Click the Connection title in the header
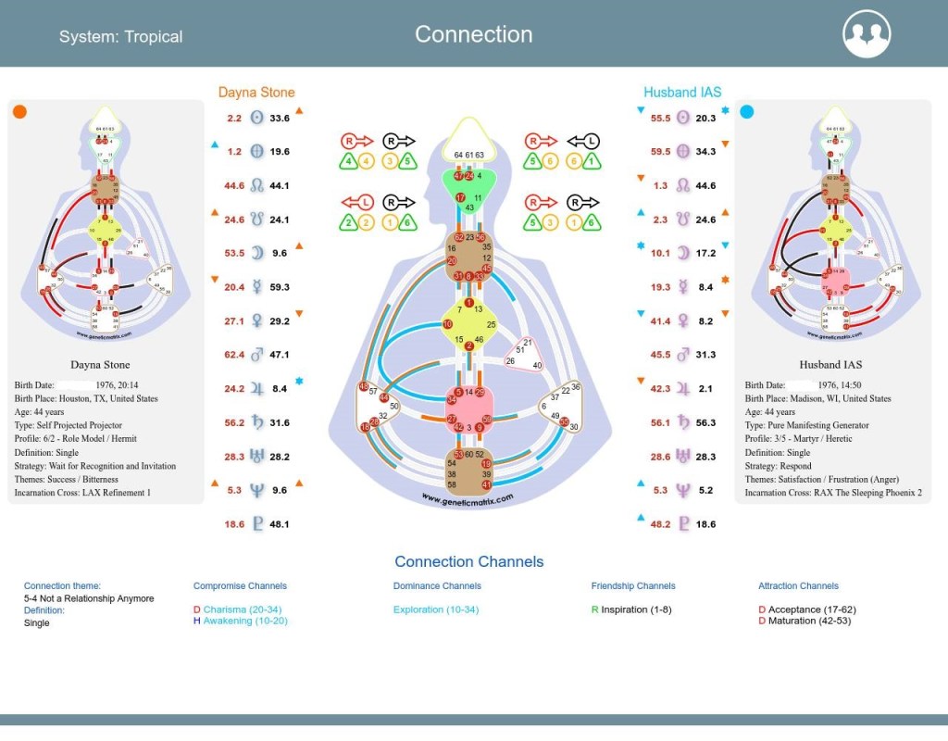point(473,34)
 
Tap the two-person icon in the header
point(867,34)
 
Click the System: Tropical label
point(120,37)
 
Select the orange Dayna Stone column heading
point(256,92)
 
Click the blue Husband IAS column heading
point(682,92)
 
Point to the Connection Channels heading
point(468,561)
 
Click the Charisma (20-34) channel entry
point(245,609)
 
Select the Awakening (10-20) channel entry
point(245,621)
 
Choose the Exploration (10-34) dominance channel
point(435,609)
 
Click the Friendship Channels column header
point(633,585)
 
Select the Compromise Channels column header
point(240,585)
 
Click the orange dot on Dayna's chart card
point(20,112)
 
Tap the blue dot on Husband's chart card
point(747,112)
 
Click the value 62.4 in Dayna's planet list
point(234,355)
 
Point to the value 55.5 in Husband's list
point(660,118)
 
